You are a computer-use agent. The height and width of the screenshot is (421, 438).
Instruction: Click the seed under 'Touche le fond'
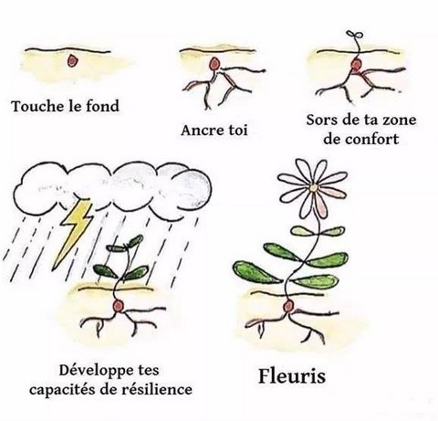[72, 60]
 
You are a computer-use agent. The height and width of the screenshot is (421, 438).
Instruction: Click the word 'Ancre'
[203, 131]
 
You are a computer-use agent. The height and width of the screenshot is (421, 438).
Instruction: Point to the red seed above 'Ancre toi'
[214, 64]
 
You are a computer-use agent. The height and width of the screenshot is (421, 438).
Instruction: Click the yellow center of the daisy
[313, 188]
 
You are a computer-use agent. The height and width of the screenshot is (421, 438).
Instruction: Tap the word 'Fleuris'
[292, 376]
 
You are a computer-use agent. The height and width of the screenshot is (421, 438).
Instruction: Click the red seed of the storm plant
[118, 306]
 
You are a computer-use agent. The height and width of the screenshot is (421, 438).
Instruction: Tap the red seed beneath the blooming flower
[288, 306]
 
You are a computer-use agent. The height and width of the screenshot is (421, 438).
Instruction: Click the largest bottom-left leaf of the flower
[257, 272]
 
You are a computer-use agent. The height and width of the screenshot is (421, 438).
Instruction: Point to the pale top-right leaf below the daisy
[331, 231]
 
